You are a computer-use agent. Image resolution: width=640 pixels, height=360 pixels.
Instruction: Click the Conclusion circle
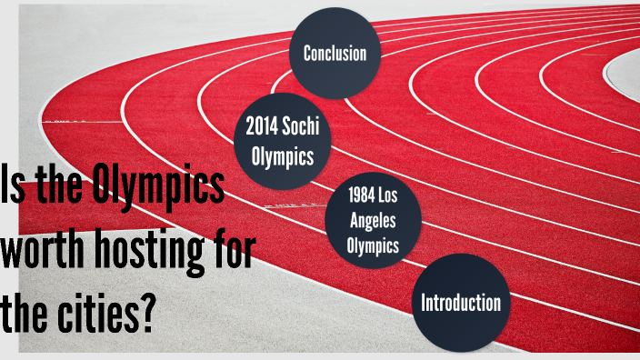pyautogui.click(x=335, y=53)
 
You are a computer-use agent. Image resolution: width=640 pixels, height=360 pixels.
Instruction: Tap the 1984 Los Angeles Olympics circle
pyautogui.click(x=374, y=219)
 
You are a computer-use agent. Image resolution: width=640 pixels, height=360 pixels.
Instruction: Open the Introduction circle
pyautogui.click(x=460, y=302)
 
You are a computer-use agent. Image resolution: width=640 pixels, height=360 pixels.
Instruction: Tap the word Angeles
pyautogui.click(x=374, y=219)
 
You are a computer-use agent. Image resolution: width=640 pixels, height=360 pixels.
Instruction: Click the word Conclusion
pyautogui.click(x=335, y=53)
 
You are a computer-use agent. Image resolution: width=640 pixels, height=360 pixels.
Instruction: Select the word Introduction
pyautogui.click(x=460, y=302)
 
